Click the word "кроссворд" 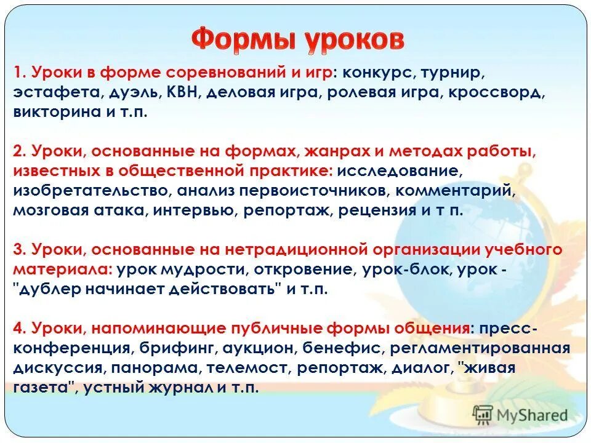(501, 93)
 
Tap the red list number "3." (18, 250)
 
